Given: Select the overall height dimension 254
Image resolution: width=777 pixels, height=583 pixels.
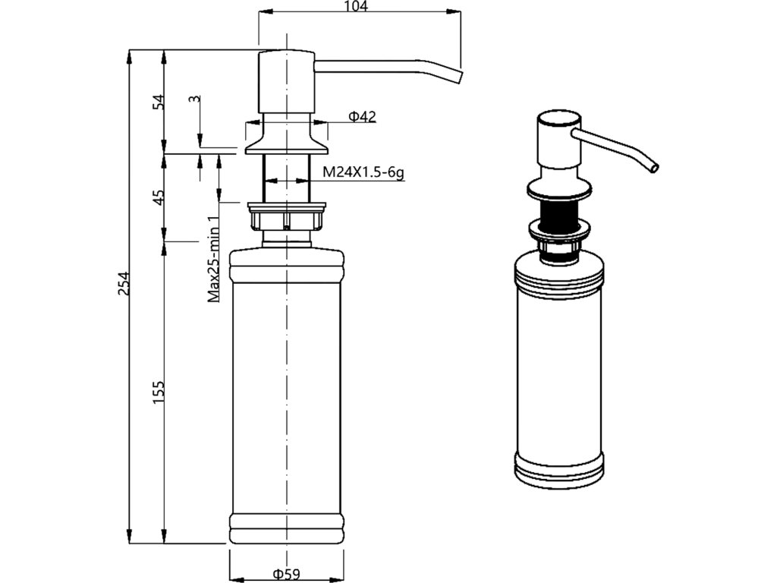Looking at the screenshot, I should (126, 283).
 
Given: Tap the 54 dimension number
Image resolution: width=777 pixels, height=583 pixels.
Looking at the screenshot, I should (159, 102).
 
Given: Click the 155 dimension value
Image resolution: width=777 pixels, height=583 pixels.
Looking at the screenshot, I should (159, 392).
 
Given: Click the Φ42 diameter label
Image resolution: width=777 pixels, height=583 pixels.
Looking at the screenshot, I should (362, 116).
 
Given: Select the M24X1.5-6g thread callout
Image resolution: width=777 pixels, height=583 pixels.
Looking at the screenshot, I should (363, 172).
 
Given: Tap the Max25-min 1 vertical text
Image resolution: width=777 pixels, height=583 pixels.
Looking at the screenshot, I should (215, 259).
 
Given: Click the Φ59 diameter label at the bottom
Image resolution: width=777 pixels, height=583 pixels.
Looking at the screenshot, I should (287, 574).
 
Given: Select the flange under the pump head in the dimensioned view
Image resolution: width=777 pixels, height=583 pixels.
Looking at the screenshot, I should (286, 143).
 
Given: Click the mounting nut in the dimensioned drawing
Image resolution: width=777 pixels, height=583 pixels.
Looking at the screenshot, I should (286, 219).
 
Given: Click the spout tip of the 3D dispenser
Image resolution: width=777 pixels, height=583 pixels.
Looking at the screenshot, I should (653, 167).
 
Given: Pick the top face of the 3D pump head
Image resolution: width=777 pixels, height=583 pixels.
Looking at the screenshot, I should (558, 119).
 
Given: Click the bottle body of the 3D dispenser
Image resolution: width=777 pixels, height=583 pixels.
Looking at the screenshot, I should (560, 364).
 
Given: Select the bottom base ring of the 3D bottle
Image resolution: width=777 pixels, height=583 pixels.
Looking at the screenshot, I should (560, 472).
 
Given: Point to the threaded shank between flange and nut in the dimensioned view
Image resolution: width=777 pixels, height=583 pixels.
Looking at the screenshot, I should (286, 178).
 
